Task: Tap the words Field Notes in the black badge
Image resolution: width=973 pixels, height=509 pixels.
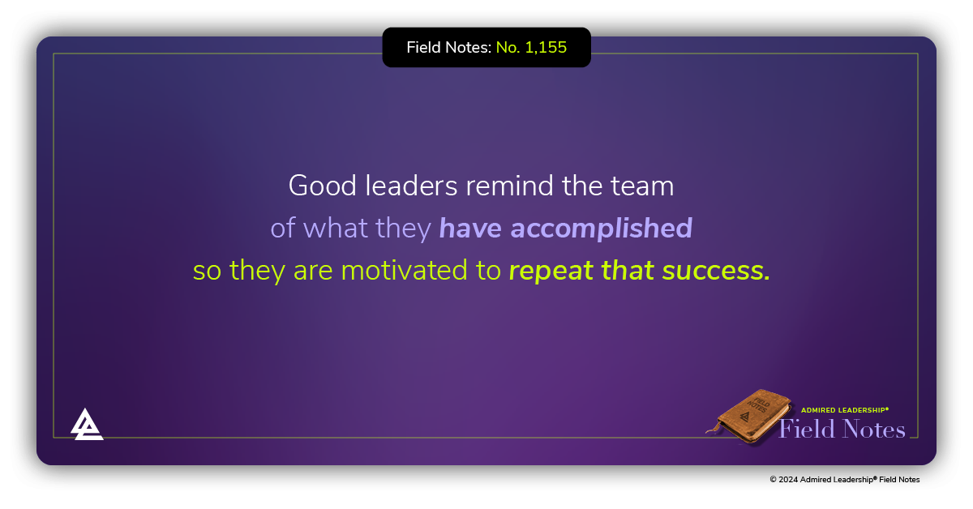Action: [448, 48]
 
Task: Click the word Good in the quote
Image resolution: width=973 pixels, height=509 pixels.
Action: [311, 186]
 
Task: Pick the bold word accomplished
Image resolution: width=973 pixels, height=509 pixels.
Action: [601, 229]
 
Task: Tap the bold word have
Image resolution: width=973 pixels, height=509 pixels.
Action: [471, 229]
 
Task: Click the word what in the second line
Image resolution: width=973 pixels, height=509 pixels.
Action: [333, 229]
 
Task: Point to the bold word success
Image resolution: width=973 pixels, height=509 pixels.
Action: [715, 272]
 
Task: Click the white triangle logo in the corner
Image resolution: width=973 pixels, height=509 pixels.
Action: [87, 424]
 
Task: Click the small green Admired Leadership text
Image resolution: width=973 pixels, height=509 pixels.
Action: [845, 410]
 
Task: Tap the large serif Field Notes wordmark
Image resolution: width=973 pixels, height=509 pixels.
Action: [842, 429]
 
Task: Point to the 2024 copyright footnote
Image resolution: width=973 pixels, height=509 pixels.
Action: [844, 480]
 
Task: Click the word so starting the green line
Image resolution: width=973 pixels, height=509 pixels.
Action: [207, 272]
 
